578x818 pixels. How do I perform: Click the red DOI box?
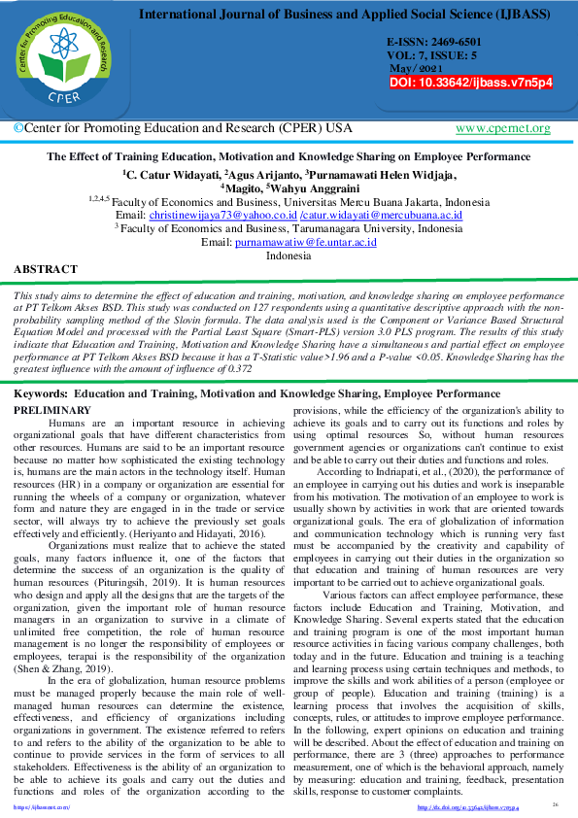[471, 84]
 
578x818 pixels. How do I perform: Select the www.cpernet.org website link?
[502, 128]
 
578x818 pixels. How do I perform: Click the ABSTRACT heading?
[46, 269]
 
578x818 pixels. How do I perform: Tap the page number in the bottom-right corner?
[555, 804]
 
